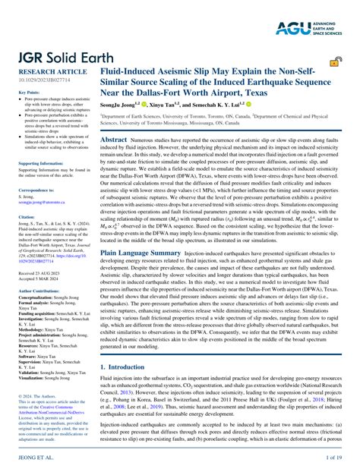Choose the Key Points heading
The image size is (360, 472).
pos(30,93)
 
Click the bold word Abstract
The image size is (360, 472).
pos(113,140)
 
